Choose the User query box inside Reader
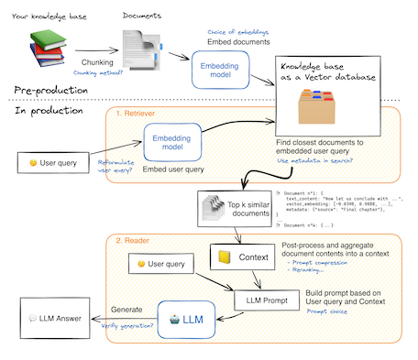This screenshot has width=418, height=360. coord(162,264)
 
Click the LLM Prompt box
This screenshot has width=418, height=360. coord(263,299)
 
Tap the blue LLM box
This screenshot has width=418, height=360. coord(184,321)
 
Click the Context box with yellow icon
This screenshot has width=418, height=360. coord(239,257)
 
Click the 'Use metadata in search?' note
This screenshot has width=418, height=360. coord(316,161)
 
